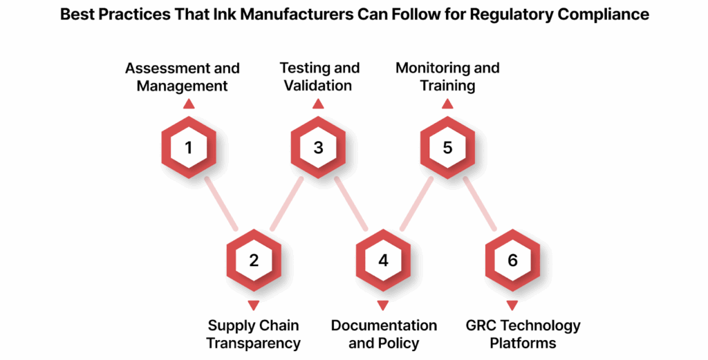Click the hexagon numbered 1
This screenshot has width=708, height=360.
(189, 148)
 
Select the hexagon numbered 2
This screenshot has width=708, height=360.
(254, 260)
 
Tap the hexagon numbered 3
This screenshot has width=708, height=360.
(318, 148)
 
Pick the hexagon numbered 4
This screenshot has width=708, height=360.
(383, 260)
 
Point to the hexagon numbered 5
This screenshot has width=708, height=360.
(447, 148)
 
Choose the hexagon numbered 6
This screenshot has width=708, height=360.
(512, 260)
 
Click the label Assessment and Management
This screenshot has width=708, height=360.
(183, 77)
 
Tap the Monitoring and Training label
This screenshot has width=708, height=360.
(447, 77)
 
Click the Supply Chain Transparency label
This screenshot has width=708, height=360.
(255, 334)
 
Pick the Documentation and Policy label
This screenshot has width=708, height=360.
(384, 334)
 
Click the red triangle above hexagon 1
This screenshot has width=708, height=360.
(189, 104)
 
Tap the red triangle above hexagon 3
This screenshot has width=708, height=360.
(318, 104)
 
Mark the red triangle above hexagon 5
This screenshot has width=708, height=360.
(447, 104)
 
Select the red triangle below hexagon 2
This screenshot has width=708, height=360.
(254, 305)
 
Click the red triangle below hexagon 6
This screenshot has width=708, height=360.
(512, 305)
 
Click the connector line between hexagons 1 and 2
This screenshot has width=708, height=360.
(221, 204)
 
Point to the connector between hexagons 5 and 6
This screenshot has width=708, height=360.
(480, 204)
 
